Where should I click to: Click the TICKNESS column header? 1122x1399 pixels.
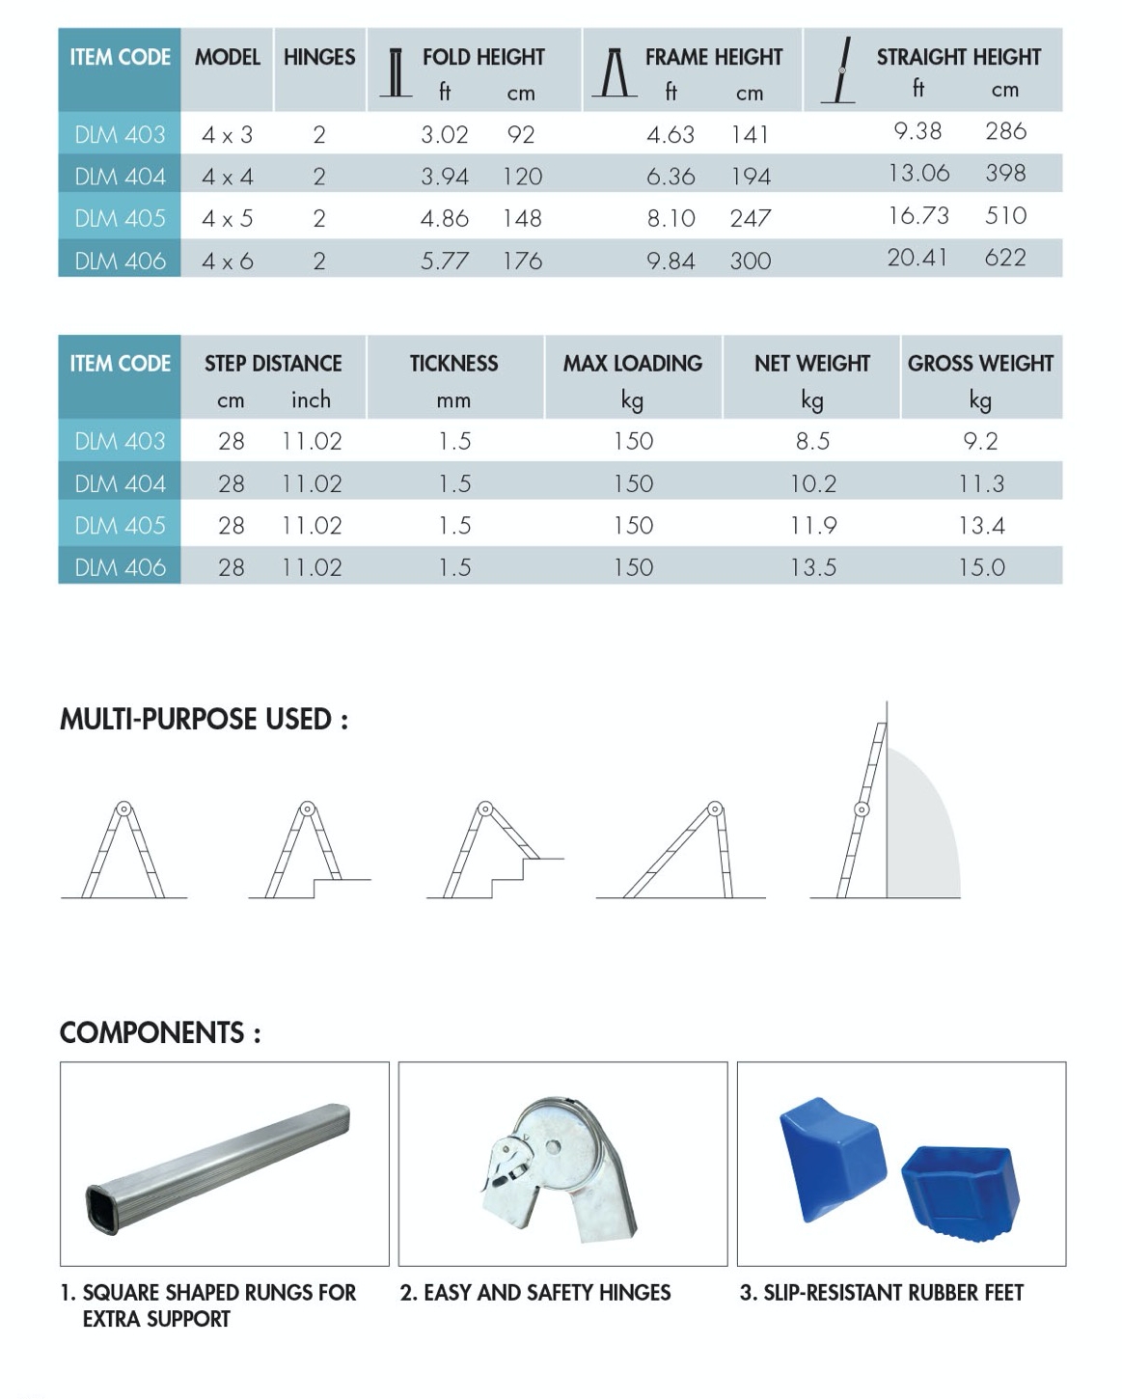tap(453, 364)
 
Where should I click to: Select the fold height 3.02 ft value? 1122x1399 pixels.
tap(444, 135)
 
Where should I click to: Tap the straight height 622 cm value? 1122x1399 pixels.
tap(1004, 258)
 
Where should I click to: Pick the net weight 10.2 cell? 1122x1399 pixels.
tap(812, 483)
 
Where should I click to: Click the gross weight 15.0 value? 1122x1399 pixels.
tap(980, 567)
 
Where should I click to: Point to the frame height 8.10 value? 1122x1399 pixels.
tap(670, 219)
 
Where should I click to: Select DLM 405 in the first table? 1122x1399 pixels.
tap(120, 219)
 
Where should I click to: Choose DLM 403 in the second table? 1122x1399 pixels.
tap(120, 442)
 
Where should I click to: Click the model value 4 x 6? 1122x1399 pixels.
tap(227, 261)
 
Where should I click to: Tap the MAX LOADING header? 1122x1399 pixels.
tap(632, 364)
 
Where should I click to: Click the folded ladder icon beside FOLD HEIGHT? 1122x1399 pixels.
tap(395, 73)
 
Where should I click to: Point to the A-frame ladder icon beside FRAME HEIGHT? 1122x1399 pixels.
tap(614, 73)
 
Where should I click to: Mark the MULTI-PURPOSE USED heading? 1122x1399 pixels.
tap(204, 720)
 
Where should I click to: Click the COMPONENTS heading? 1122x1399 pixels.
tap(160, 1033)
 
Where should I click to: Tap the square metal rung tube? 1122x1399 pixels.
tap(218, 1167)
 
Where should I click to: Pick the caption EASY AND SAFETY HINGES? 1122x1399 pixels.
tap(535, 1293)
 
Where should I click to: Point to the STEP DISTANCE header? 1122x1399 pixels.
tap(273, 364)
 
